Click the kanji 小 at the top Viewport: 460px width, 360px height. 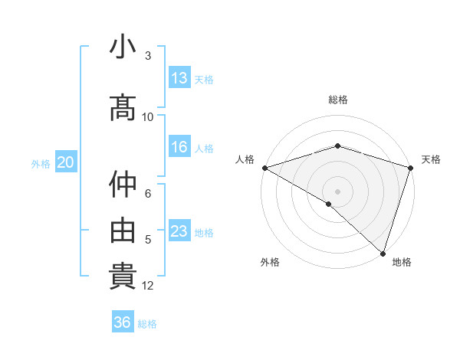123,47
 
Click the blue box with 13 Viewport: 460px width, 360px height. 179,78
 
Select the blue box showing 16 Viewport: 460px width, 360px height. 179,147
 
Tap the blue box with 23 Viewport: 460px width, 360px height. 179,231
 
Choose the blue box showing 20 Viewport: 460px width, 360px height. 66,162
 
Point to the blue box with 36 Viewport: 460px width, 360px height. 123,322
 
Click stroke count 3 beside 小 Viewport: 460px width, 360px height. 148,56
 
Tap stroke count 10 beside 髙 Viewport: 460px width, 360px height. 148,117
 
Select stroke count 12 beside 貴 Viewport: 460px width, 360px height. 148,286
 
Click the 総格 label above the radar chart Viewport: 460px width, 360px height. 338,100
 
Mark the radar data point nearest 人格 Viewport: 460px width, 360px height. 264,168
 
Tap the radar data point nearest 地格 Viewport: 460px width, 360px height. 383,253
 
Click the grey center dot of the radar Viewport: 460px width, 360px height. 338,191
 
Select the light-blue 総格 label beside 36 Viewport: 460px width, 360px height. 147,324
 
